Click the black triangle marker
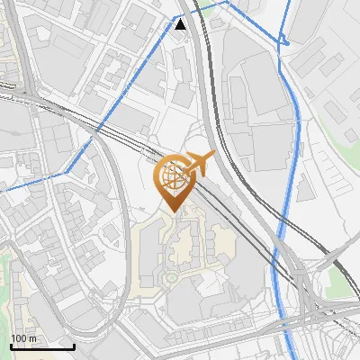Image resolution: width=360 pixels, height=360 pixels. [181, 24]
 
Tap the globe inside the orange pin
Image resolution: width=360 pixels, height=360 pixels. [172, 177]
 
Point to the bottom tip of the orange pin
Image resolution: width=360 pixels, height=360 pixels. [173, 211]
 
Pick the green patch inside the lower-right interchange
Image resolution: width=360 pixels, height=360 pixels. [341, 283]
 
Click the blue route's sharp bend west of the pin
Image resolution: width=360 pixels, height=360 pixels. [67, 171]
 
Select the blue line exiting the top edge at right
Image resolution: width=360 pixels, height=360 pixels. [289, 4]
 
